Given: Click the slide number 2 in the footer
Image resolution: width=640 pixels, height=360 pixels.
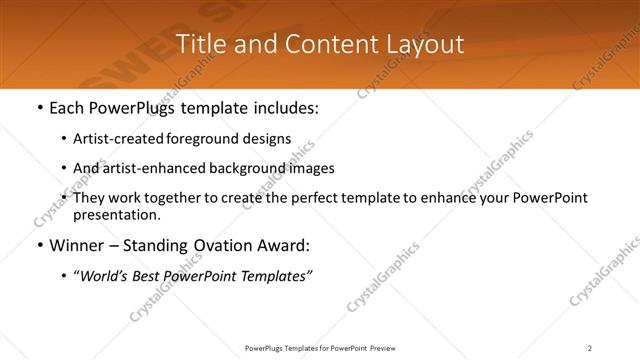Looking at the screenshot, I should click(590, 348).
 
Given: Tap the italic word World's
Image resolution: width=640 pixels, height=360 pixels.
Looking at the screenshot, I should click(105, 275).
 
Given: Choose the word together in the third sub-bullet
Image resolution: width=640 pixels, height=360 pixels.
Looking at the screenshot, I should click(176, 198).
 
